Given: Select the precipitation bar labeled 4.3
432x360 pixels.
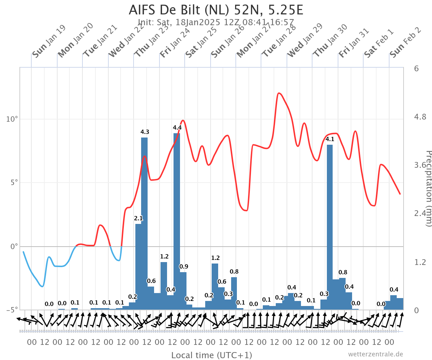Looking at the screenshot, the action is tap(144, 224).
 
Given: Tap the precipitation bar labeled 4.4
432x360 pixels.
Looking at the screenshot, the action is tap(177, 221).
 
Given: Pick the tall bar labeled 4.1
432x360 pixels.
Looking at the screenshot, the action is tap(330, 227).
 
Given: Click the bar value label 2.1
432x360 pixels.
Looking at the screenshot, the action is tap(138, 218).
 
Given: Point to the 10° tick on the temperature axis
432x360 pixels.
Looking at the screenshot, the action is tap(12, 119).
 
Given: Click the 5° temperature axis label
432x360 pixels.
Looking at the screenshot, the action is tap(14, 183).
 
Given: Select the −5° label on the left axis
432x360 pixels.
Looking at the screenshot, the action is tap(12, 310).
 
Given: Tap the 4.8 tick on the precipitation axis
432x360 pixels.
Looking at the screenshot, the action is tap(420, 117).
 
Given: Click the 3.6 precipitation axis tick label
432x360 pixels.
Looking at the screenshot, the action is tap(420, 165).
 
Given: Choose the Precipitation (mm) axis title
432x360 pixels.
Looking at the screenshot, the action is tap(428, 189).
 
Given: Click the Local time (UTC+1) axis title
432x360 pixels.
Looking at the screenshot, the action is tap(212, 355).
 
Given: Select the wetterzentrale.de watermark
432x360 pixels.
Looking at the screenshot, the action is tap(375, 354).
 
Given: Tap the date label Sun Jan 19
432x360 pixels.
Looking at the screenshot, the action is tap(49, 41).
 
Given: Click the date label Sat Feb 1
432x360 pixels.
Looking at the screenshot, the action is tap(379, 43).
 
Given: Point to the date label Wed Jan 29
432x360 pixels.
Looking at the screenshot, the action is tap(305, 40).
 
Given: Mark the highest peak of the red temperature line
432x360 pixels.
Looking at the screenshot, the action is tap(279, 93).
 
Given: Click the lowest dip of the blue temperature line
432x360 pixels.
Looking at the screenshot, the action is tap(42, 287).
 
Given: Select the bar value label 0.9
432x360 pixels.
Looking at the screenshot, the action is tap(184, 266).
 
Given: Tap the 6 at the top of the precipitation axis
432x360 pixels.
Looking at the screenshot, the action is tap(416, 68).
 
